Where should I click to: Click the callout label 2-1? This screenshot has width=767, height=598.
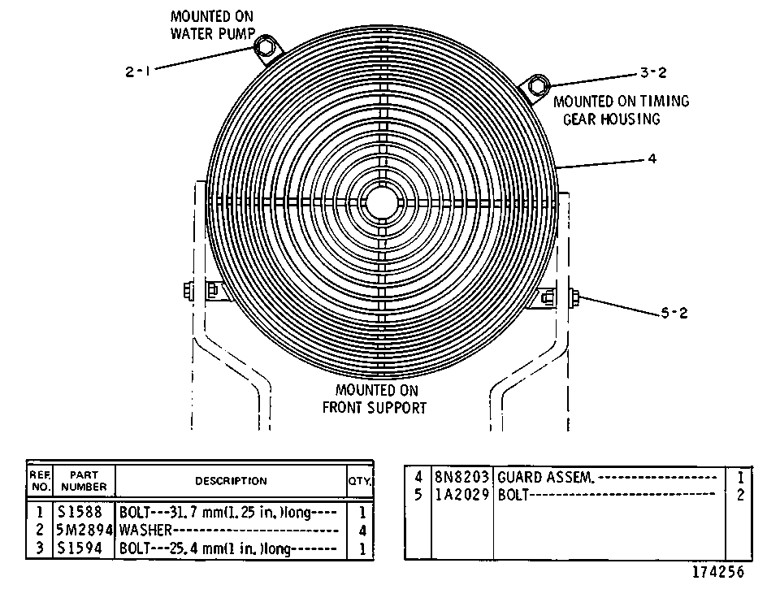[x=137, y=71]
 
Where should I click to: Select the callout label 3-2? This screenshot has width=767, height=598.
[x=653, y=72]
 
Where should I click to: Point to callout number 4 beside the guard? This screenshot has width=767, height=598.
[x=652, y=158]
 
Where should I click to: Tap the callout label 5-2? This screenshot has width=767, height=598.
[x=674, y=313]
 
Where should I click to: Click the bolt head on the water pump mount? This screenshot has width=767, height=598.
[x=265, y=47]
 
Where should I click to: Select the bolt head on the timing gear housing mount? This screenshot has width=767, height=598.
[x=537, y=86]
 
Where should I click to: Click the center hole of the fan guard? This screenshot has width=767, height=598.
[x=382, y=203]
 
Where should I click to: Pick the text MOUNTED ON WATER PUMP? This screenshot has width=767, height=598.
[x=212, y=25]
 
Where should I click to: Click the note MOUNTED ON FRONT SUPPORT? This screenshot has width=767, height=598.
[x=375, y=399]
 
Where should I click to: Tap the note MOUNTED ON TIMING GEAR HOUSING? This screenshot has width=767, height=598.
[x=622, y=110]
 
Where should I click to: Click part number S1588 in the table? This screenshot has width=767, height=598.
[x=80, y=512]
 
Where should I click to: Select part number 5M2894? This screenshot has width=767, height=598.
[x=84, y=530]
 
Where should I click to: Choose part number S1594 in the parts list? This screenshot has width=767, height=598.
[x=80, y=548]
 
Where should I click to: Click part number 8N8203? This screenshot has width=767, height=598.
[x=462, y=477]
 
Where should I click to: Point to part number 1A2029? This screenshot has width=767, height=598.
[x=462, y=495]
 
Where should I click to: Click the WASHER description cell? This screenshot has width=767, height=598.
[x=145, y=530]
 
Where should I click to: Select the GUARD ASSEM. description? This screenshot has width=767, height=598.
[x=546, y=477]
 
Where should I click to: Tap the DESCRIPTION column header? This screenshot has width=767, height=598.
[x=231, y=481]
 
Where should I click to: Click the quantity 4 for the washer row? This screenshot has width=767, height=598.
[x=362, y=531]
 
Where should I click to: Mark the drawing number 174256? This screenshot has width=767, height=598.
[x=718, y=572]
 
